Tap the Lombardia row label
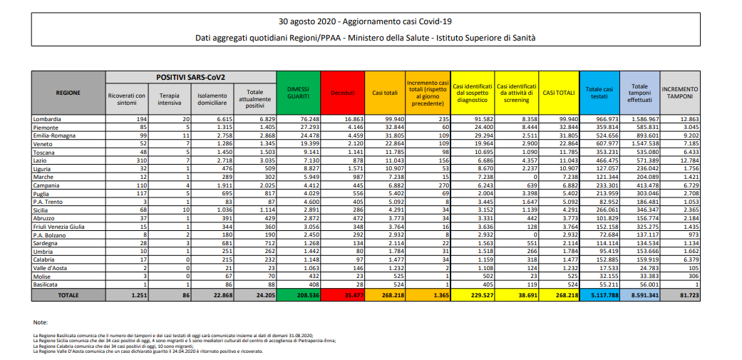47,118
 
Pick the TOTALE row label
69,294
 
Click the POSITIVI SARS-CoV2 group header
190,76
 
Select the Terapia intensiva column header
170,98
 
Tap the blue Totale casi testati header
599,93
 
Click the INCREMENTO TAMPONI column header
681,93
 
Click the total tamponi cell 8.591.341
640,294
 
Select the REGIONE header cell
69,93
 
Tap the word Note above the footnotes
41,322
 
